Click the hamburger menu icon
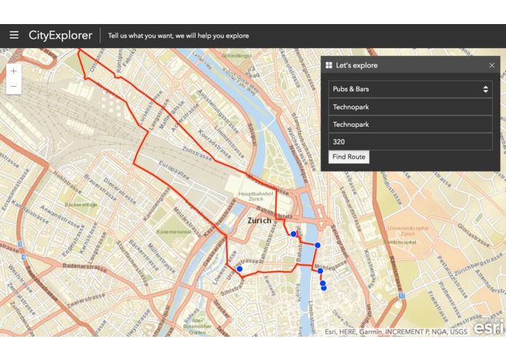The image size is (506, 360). coord(14,35)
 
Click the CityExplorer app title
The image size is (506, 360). coord(60,35)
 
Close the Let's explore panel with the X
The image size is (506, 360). coord(491,66)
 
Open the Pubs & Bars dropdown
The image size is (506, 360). coord(410,89)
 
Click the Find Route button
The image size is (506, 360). coord(349,157)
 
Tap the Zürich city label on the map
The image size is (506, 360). coord(258,220)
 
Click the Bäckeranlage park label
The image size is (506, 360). coord(82,206)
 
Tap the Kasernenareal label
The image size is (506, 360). coord(173,232)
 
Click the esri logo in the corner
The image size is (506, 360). coord(486,327)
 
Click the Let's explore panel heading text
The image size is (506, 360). coord(357,66)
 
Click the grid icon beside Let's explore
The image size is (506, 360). coord(329,66)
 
